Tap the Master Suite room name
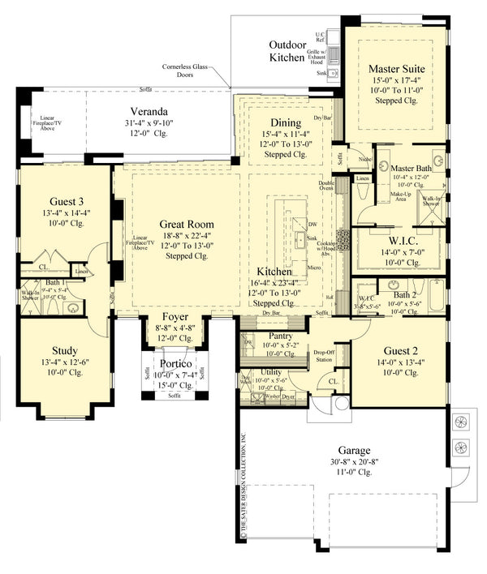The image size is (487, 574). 397,68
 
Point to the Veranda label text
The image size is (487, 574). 149,111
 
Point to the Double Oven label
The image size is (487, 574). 327,184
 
